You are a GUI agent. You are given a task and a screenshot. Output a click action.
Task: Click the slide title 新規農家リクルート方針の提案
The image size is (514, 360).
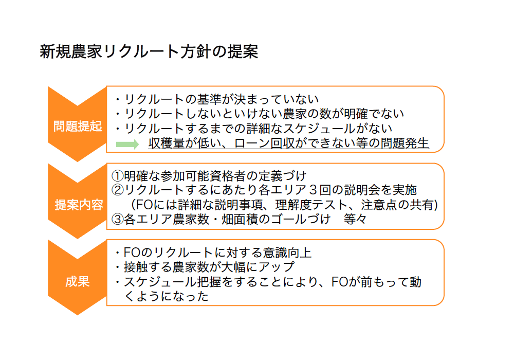pos(149,52)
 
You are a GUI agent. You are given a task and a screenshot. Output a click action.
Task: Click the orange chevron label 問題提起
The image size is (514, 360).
pos(78,126)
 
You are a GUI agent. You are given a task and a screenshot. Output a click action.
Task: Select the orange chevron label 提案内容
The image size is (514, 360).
pos(79,205)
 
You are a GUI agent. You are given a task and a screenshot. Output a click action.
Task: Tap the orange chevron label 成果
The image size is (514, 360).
pos(78,282)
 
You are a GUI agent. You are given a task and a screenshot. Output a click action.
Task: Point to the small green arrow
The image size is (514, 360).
pos(127,144)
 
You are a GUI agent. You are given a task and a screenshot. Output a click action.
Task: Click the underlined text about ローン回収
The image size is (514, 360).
pos(288,143)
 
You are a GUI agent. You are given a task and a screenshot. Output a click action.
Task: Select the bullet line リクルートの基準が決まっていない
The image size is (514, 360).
pos(217,99)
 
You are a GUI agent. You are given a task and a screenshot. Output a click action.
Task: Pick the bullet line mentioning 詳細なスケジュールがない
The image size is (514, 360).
pos(253,129)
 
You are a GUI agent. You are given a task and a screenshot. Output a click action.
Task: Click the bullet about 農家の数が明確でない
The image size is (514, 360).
pos(259,114)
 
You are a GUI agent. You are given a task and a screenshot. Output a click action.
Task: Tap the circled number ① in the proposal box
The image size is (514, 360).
pos(117,176)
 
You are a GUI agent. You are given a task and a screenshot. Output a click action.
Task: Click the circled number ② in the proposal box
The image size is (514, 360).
pos(117,190)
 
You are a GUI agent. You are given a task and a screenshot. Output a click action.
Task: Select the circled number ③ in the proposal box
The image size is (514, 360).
pos(117,220)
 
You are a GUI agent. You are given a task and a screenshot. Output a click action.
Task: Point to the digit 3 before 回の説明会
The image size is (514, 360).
pos(314,190)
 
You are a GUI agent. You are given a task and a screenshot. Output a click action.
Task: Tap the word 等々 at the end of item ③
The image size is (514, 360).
pos(355,219)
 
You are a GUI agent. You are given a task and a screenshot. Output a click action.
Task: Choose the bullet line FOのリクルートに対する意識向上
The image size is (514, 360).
pos(213,253)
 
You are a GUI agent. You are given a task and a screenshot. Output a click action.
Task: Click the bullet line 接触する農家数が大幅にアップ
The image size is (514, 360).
pos(205,267)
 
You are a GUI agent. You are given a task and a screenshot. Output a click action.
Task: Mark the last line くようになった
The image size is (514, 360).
pos(166,296)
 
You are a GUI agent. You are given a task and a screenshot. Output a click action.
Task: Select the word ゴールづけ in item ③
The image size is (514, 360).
pos(301,219)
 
